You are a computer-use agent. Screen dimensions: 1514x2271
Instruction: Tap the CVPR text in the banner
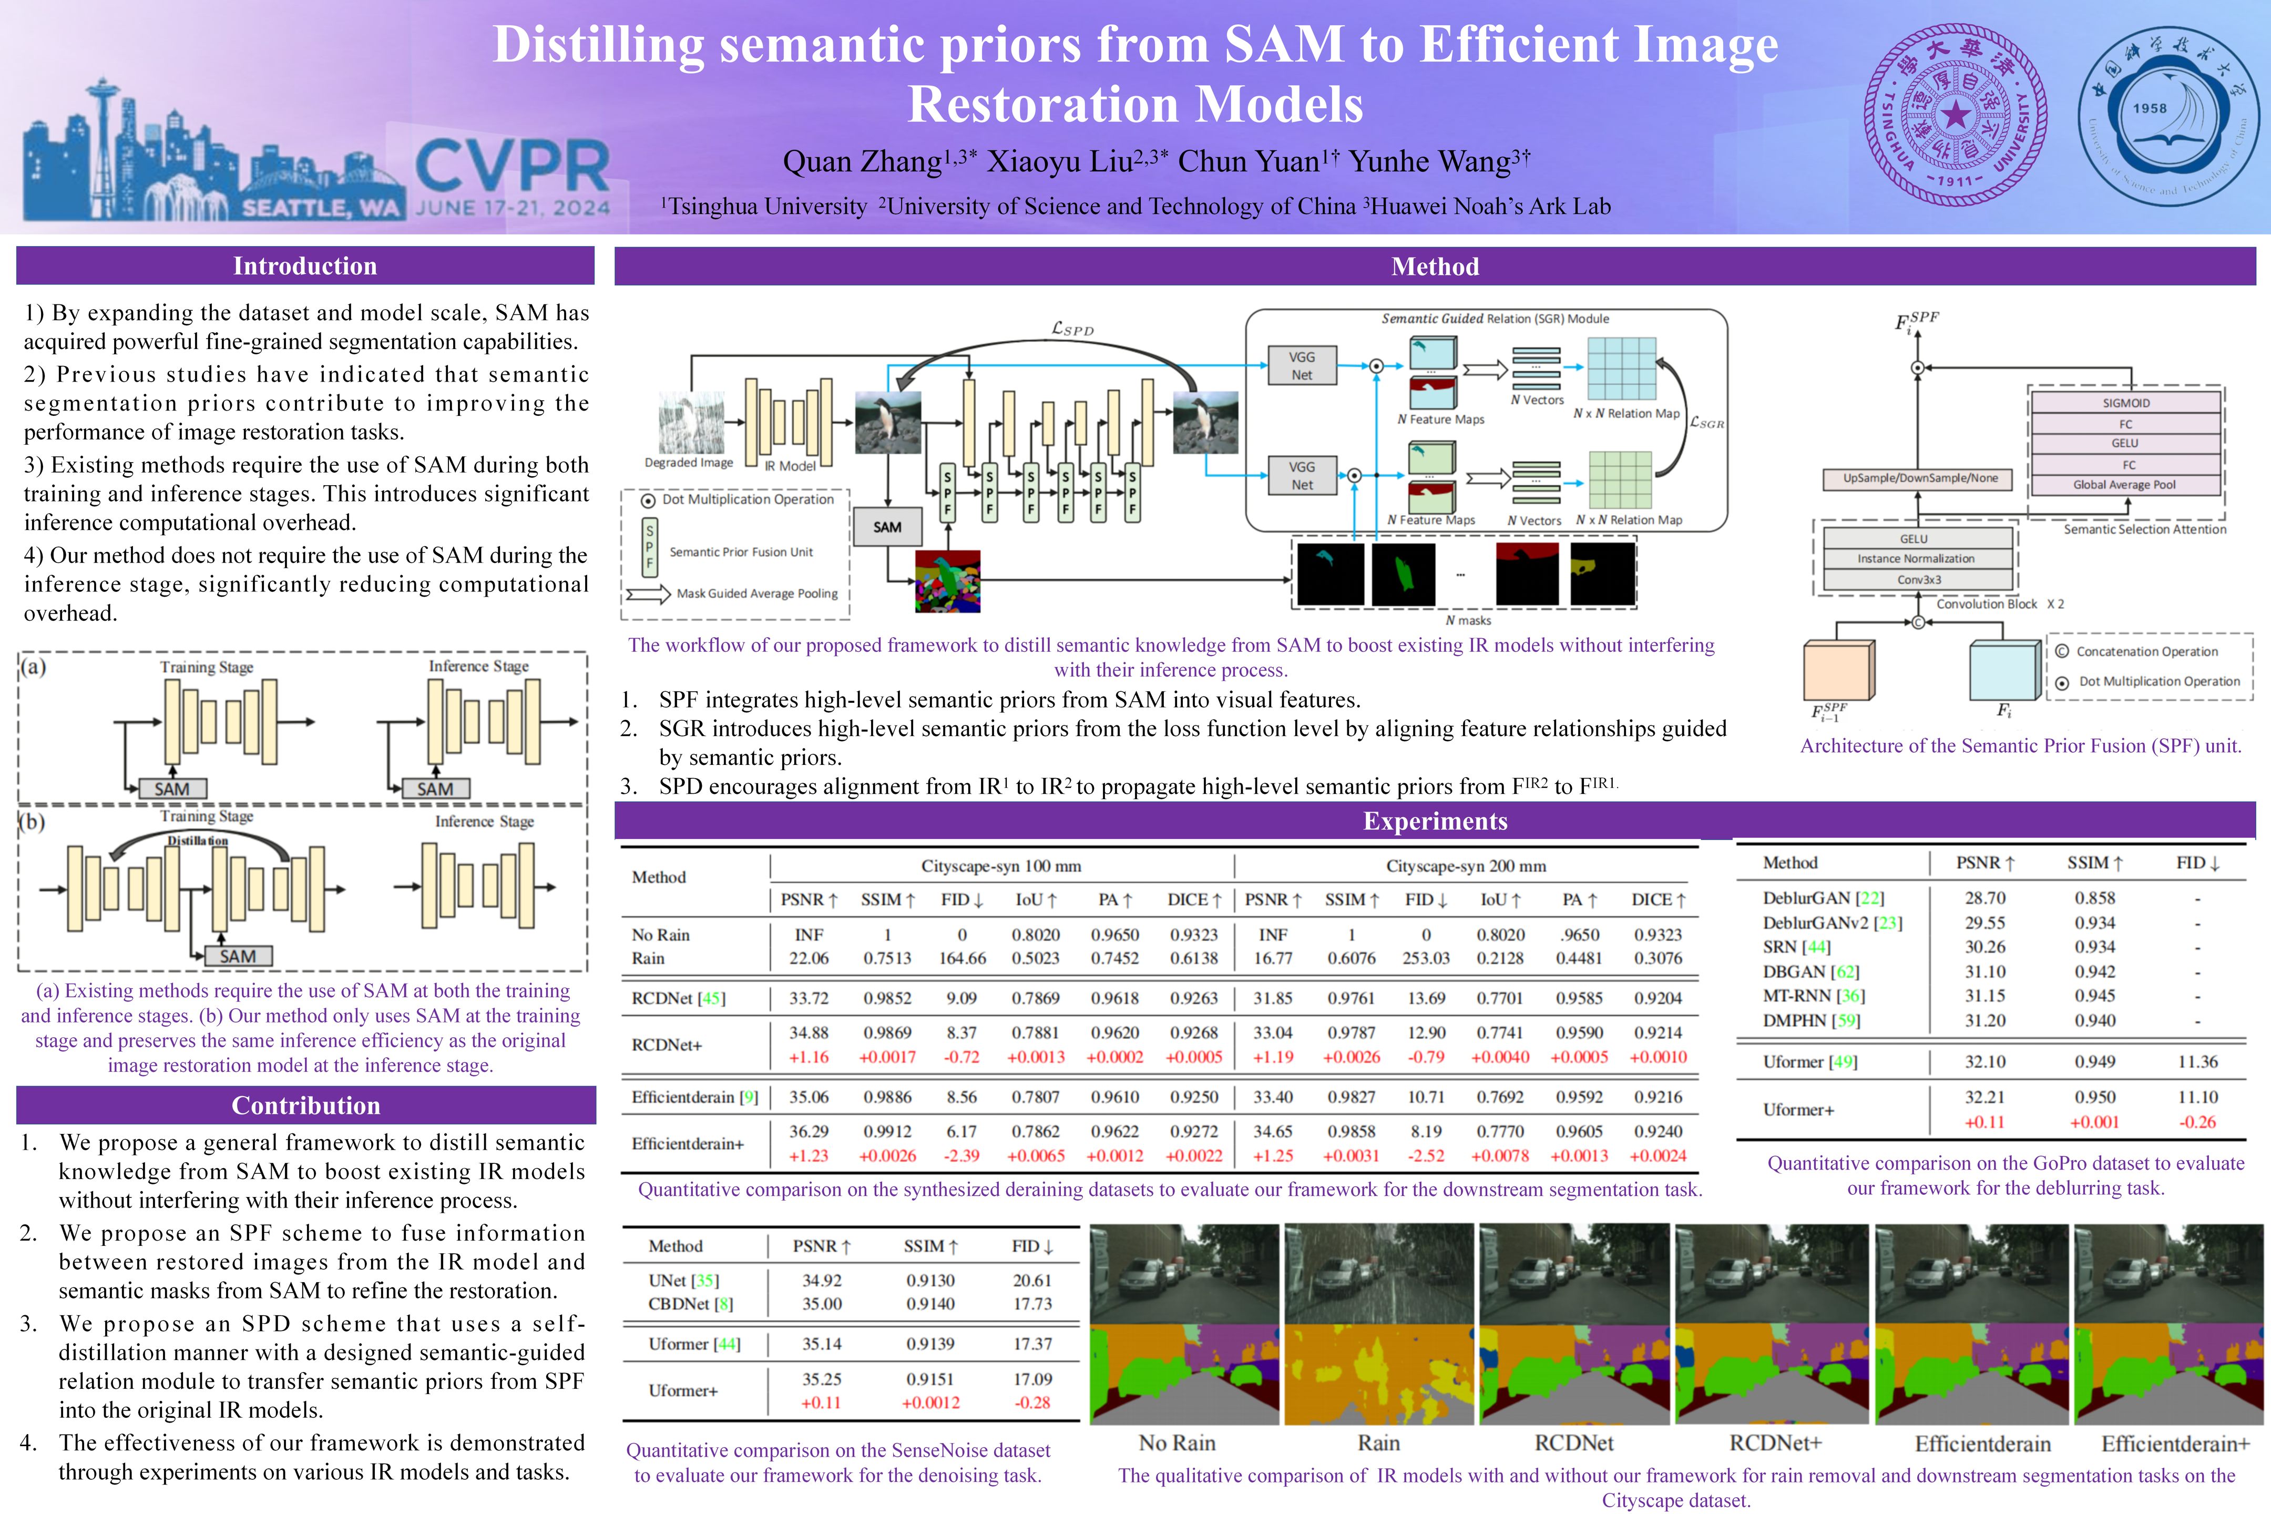coord(512,166)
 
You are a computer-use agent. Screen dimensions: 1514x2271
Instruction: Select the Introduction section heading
coord(305,265)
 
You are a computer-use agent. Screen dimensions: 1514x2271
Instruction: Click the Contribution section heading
coord(305,1104)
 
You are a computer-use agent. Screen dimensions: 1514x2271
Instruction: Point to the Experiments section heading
coord(1435,821)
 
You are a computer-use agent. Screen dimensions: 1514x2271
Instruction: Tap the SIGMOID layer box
coord(2126,403)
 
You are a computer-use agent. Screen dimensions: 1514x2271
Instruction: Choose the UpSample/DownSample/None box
coord(1919,478)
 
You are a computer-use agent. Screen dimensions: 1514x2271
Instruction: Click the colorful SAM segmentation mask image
coord(947,581)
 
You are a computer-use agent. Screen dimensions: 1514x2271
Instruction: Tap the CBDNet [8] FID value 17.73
coord(1031,1304)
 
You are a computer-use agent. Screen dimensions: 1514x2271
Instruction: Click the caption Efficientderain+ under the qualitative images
coord(2174,1444)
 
